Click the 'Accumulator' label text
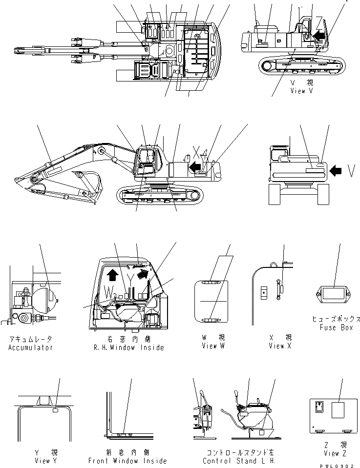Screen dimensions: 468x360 coord(30,347)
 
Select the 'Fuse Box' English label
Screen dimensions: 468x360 coord(333,328)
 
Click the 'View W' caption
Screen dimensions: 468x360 coord(213,346)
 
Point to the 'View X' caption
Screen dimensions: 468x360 coord(280,346)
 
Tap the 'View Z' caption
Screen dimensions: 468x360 coord(332,453)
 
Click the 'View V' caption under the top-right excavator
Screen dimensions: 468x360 coord(297,91)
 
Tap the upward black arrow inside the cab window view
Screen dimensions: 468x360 coord(111,274)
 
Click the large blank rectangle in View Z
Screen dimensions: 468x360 coord(340,410)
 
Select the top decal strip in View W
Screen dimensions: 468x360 coord(210,283)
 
